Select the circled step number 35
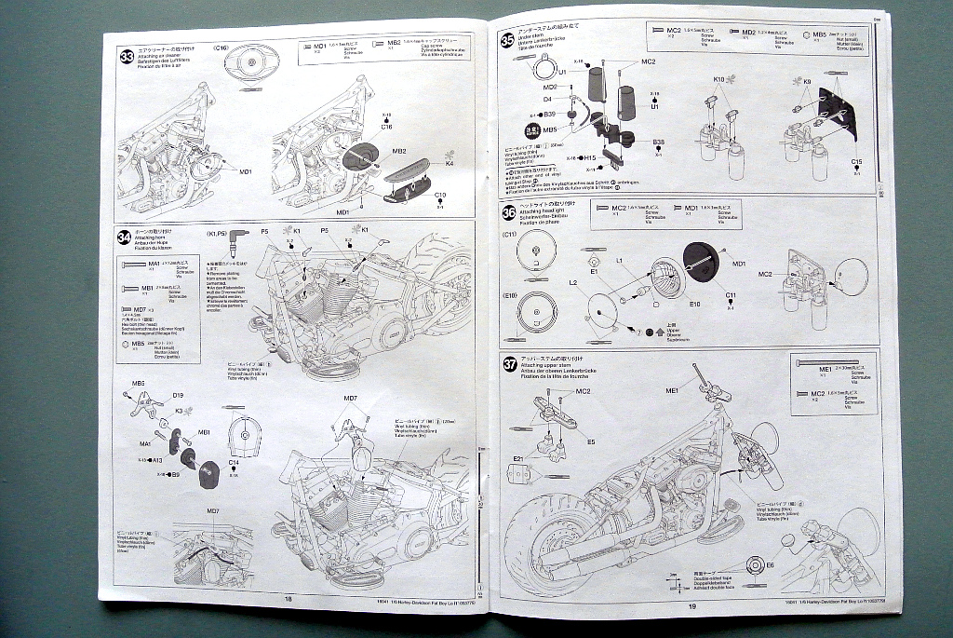(x=507, y=40)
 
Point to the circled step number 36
(x=508, y=213)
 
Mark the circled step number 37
(x=510, y=364)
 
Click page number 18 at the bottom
(x=289, y=599)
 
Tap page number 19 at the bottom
(x=691, y=605)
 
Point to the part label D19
(x=178, y=395)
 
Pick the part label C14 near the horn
(x=234, y=462)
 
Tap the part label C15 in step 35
(x=856, y=162)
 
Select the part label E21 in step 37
(x=518, y=459)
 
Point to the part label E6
(x=770, y=564)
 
